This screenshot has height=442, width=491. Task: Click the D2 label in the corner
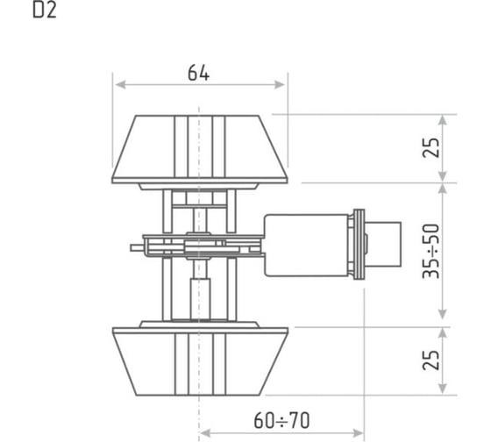[45, 11]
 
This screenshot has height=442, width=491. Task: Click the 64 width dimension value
[198, 73]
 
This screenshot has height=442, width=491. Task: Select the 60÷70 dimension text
[281, 420]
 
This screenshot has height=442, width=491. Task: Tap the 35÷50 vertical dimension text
[431, 251]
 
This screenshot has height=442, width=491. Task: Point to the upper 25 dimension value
[431, 147]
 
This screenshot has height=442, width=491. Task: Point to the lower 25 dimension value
[431, 360]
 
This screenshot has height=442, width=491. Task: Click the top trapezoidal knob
[200, 149]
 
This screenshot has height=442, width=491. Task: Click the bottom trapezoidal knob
[200, 361]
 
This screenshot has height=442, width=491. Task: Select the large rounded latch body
[306, 246]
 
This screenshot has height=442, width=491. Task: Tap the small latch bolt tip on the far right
[385, 245]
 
